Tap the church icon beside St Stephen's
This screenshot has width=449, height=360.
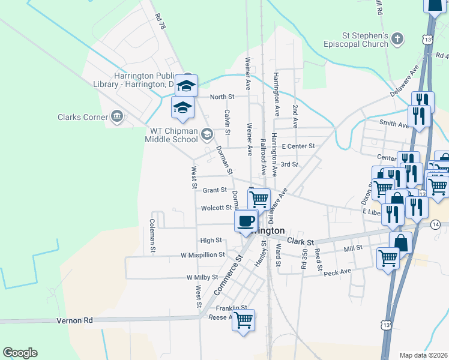coord(397,40)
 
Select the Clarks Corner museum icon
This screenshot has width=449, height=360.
coord(116,116)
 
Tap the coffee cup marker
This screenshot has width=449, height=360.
coord(246,221)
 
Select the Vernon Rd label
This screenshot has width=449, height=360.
coord(75,321)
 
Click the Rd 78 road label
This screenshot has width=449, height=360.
coord(159,24)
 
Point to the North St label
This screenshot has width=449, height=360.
coord(221,97)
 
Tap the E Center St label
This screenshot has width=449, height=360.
coord(298,146)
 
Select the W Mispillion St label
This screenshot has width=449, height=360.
coord(202,254)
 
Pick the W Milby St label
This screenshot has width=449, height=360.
coord(203,278)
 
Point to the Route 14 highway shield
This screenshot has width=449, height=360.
coord(435,224)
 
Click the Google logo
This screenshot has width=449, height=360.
coord(20,353)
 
